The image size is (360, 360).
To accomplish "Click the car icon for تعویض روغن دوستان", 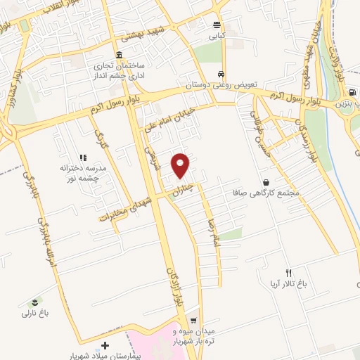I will coord(221,74).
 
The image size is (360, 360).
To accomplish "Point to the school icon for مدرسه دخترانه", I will coord(82,158).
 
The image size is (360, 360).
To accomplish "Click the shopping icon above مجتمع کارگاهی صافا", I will coord(265,181).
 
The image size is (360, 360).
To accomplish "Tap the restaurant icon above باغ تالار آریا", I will coord(288,273).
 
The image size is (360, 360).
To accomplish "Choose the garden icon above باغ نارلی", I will coord(36,302).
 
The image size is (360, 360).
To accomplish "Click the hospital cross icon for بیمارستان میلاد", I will coord(105,345).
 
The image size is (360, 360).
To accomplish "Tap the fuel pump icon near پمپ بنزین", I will coord(349,92).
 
